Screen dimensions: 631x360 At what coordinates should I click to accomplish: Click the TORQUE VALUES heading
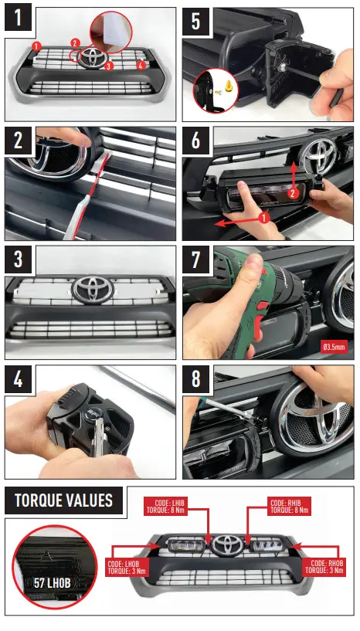coord(63,500)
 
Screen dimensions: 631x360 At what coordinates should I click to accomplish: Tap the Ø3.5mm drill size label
coord(334,345)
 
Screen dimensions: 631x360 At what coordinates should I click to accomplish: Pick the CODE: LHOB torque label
coord(127,568)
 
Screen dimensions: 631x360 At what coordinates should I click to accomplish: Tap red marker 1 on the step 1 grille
coord(36,46)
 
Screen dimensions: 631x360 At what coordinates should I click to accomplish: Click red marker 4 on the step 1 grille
coord(140,66)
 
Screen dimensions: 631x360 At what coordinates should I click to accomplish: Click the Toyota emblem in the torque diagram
coord(226,544)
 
